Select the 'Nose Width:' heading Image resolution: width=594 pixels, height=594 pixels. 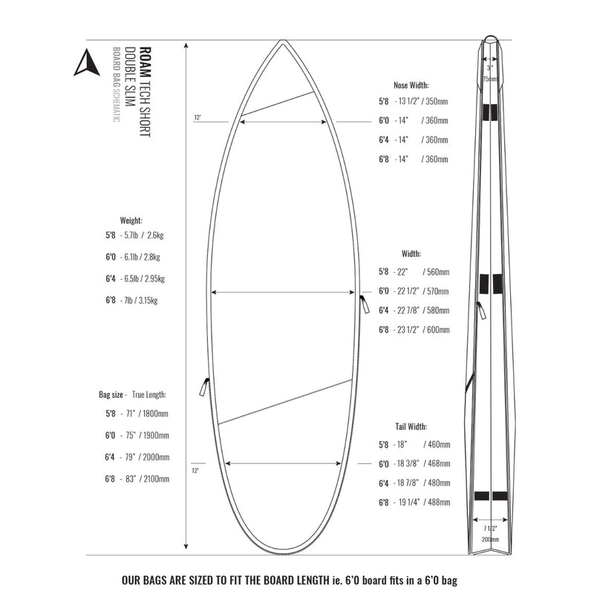tap(411, 85)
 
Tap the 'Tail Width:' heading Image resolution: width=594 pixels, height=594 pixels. tap(411, 426)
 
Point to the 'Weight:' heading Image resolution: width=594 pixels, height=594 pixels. tap(131, 221)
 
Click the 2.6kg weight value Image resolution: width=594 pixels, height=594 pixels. tap(157, 235)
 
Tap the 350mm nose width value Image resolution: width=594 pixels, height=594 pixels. tap(438, 101)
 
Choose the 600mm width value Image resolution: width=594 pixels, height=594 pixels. tap(438, 330)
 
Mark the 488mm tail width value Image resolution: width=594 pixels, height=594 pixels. tap(439, 503)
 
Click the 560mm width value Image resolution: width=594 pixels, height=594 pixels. tap(438, 272)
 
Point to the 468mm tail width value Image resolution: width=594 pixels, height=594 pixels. tap(439, 464)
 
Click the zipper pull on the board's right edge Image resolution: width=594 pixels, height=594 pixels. tap(364, 304)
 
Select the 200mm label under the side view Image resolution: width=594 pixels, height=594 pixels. tap(489, 539)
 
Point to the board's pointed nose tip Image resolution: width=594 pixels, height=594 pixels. tap(282, 42)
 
